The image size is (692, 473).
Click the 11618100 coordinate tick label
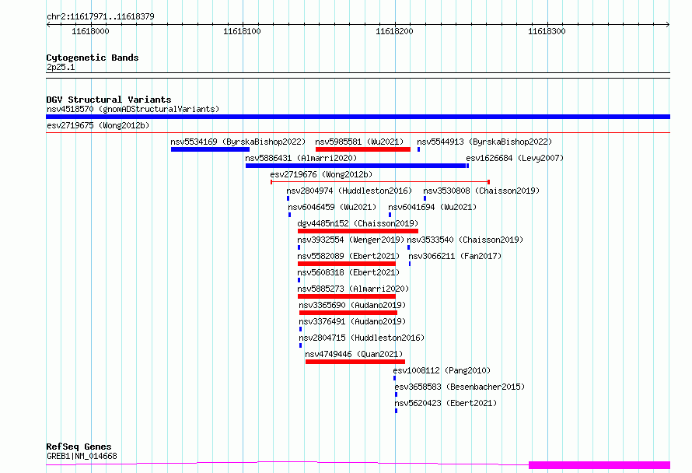coord(242,31)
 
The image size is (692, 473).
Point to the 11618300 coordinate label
coord(547,31)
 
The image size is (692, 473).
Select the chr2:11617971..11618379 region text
coord(100,16)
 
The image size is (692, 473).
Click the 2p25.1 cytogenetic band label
coord(61,67)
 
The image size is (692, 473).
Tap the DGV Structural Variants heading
coord(109,100)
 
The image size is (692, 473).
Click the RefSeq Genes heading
coord(79,447)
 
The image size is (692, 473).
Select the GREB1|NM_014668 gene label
coord(82,456)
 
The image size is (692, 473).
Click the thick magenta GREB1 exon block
coord(599,464)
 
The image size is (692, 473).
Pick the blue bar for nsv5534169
coord(210,149)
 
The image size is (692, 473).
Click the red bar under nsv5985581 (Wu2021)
coord(363,149)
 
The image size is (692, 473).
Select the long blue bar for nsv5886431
coord(355,166)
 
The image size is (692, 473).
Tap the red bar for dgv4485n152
coord(358,231)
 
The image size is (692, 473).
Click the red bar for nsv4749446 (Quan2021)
coord(355,362)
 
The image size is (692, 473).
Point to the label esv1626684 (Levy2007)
coord(515,158)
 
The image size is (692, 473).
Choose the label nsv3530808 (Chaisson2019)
coord(481,191)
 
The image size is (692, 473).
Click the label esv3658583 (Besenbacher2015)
coord(460,387)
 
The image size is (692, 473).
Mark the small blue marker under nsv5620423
coord(396,411)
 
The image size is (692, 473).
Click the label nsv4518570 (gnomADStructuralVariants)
coord(133,109)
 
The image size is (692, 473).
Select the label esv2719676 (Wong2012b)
coord(321,174)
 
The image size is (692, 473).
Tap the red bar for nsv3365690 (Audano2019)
coord(348,313)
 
